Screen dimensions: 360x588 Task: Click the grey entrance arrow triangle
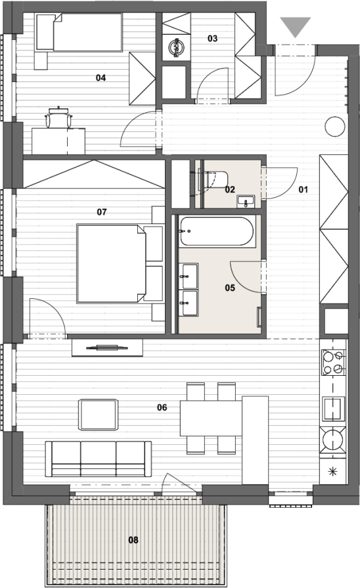tap(296, 26)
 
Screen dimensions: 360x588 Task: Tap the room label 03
tap(212, 38)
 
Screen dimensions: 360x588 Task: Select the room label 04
tap(101, 78)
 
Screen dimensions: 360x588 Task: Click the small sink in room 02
tap(246, 201)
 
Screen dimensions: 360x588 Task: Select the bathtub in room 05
tap(217, 231)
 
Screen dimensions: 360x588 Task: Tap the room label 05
tap(230, 288)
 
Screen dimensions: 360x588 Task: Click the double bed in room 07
tap(110, 263)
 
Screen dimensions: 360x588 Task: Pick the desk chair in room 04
tap(58, 118)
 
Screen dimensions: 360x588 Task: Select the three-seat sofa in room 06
tap(99, 459)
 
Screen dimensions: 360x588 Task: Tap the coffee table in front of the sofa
tap(98, 415)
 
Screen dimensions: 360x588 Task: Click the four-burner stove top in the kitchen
tap(333, 363)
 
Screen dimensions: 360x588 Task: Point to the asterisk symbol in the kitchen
tap(332, 472)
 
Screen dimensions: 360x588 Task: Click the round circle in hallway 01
tap(334, 126)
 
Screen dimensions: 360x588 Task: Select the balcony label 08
tap(133, 540)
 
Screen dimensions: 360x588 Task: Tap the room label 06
tap(162, 407)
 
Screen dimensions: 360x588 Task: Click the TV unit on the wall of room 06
tap(107, 348)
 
